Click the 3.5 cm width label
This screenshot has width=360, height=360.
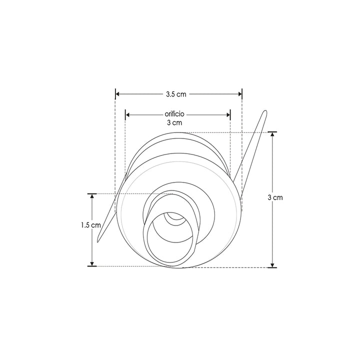176,93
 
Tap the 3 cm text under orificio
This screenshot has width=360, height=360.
174,122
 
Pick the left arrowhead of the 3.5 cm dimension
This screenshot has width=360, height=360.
118,93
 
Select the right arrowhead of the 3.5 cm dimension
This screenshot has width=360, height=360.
239,93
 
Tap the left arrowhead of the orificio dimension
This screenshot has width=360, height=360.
127,114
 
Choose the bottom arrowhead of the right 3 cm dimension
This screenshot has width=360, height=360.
272,264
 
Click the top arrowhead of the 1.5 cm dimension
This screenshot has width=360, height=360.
92,196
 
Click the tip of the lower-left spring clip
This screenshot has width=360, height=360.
98,241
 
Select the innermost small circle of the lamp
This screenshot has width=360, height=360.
175,218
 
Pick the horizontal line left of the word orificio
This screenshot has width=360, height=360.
145,114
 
